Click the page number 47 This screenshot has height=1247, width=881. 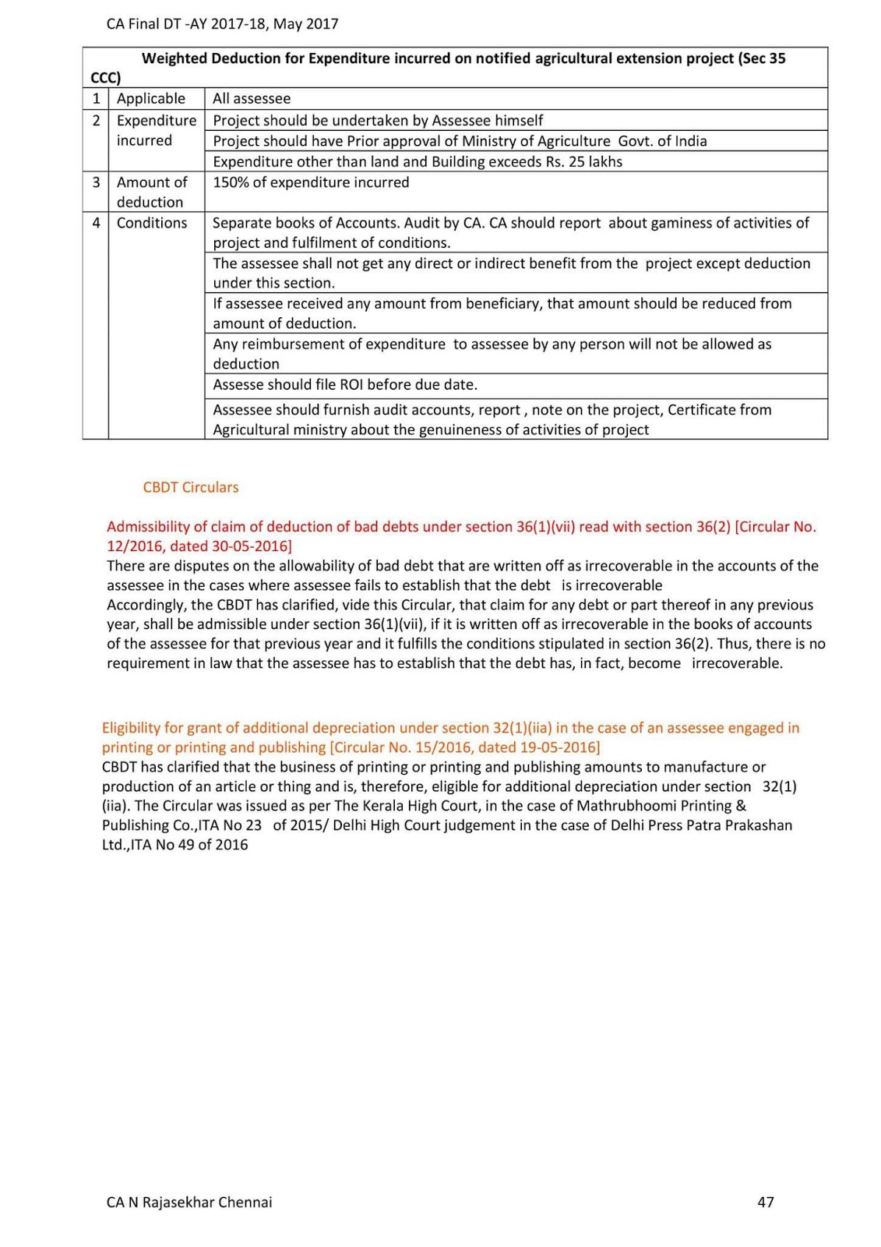[765, 1202]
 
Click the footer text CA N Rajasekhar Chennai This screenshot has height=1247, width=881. [189, 1202]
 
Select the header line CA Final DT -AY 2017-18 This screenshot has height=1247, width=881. [222, 23]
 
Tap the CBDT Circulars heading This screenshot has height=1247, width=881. [191, 487]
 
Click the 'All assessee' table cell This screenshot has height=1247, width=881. [252, 99]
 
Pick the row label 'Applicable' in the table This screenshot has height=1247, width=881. [151, 99]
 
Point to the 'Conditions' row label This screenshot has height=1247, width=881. [152, 223]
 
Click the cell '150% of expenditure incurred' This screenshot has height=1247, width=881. [311, 182]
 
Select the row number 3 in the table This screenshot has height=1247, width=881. [96, 182]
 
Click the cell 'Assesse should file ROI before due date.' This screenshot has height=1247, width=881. [345, 385]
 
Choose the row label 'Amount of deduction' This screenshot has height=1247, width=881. [152, 192]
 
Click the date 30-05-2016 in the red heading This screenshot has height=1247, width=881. [249, 546]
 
